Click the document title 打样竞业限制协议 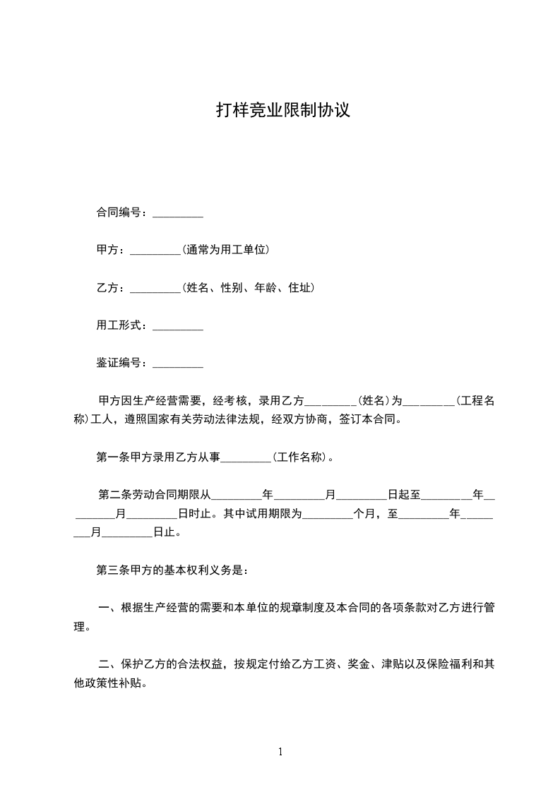point(282,111)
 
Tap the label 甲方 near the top point(107,251)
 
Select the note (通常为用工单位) point(226,251)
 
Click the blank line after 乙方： point(156,289)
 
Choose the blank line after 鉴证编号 point(178,364)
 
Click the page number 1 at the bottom point(280,752)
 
